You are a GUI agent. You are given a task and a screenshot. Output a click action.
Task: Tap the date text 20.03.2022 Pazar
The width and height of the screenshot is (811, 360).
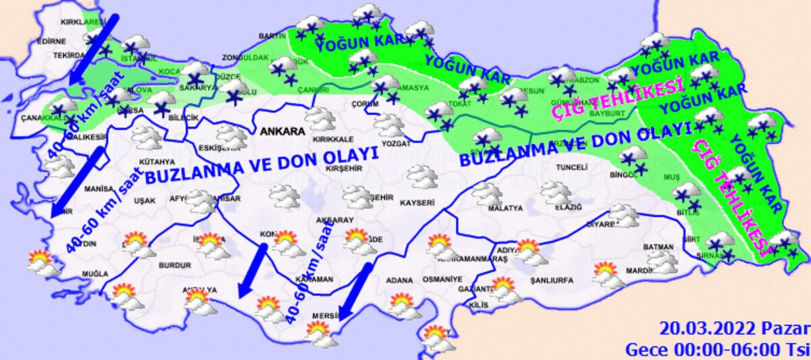pos(734,329)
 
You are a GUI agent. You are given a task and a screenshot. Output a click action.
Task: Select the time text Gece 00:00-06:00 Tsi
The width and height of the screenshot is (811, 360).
pos(716,349)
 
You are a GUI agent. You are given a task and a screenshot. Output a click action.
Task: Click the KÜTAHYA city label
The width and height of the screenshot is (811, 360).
pos(157,161)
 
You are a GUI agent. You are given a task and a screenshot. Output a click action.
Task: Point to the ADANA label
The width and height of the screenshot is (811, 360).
pos(399,280)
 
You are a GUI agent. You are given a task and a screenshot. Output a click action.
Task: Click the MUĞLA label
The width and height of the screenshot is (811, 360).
pos(94,274)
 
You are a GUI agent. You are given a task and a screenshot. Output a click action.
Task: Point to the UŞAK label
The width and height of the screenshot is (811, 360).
pos(145,201)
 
